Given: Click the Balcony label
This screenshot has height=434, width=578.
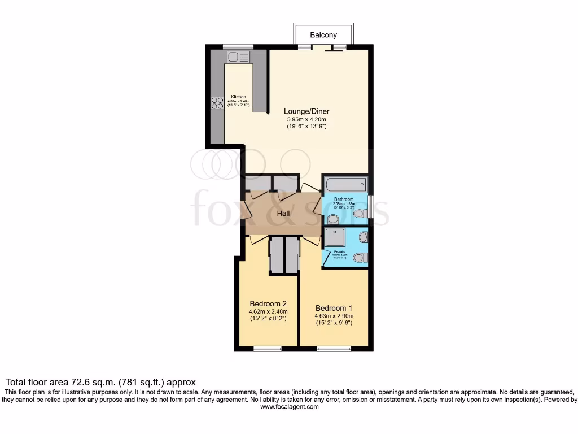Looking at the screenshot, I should point(323,35).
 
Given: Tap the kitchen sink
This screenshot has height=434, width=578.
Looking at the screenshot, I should point(238,57).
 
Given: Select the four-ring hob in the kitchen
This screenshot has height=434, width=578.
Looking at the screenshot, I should point(217,103).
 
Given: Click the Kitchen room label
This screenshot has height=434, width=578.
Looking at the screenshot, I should point(238,97).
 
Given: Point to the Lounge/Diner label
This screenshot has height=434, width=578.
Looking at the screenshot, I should point(306,111).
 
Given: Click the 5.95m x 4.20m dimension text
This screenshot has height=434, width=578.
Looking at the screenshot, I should point(306,119).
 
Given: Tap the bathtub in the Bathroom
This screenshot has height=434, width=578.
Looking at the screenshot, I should point(345,185).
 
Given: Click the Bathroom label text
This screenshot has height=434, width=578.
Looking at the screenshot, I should point(343,199).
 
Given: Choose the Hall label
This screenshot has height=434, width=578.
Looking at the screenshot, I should point(283,214).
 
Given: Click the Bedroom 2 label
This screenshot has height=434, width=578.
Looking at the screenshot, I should point(269,303).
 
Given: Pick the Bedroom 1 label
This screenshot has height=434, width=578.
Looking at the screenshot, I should point(334,308).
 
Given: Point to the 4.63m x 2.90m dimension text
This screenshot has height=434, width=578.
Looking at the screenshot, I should point(334,316).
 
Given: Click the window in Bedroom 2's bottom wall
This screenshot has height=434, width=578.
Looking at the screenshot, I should point(268,349).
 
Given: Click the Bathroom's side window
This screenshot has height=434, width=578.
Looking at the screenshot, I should point(370,203).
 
